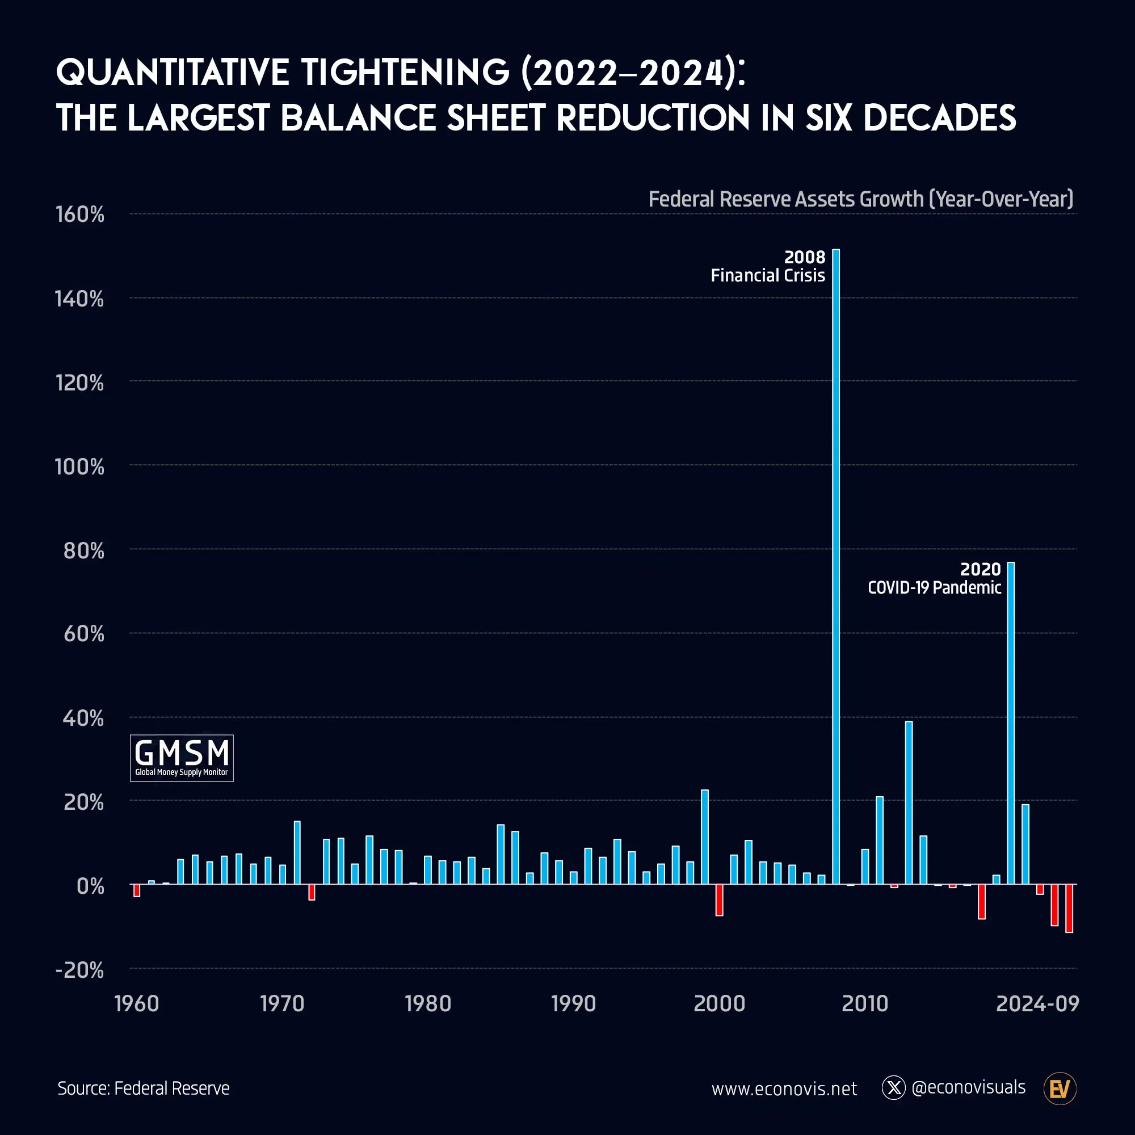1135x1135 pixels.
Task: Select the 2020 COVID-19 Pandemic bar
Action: [x=1011, y=722]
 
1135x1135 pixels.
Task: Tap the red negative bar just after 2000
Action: [x=719, y=900]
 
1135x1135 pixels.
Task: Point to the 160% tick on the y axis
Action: [x=80, y=215]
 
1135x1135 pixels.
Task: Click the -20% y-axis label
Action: [x=80, y=970]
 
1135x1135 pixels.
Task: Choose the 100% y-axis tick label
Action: [x=80, y=467]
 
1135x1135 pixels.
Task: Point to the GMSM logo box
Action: [x=182, y=758]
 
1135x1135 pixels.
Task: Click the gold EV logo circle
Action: [x=1060, y=1088]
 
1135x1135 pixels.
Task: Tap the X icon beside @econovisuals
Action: [x=894, y=1088]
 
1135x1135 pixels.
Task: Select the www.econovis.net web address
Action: [x=784, y=1089]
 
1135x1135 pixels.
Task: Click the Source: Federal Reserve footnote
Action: [x=144, y=1088]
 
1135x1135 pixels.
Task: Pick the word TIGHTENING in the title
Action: [x=405, y=73]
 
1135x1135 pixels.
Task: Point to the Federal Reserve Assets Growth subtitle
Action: [x=861, y=199]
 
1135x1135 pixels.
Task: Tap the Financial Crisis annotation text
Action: [x=768, y=276]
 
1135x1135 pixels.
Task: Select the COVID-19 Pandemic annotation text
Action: [x=934, y=587]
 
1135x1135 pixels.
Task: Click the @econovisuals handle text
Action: [x=968, y=1087]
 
